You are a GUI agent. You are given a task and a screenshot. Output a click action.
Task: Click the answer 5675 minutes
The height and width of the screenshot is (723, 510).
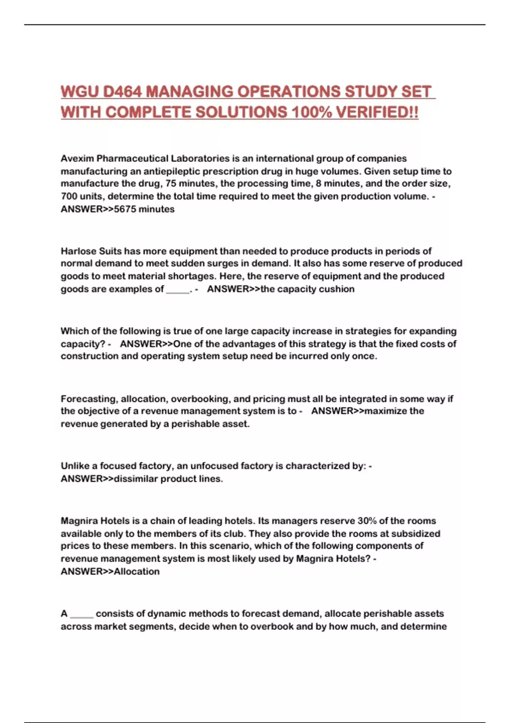point(144,209)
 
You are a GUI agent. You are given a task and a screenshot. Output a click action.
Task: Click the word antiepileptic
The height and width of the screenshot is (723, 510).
point(171,171)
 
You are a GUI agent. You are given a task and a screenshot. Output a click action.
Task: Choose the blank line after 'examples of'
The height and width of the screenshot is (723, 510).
point(178,290)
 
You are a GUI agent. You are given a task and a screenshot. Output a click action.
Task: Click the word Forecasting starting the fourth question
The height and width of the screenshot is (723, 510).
point(89,399)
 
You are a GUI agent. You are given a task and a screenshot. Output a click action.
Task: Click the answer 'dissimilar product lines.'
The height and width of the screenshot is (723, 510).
point(168,479)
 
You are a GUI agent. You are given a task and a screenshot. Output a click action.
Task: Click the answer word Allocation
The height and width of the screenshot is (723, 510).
point(137,572)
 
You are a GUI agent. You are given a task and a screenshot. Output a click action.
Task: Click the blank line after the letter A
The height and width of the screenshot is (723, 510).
point(82,615)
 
